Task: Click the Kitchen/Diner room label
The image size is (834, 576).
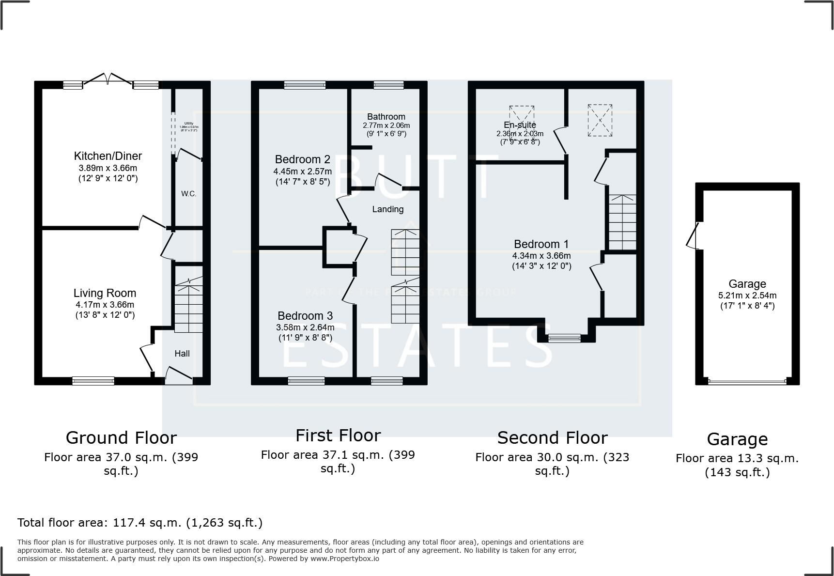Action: pos(108,156)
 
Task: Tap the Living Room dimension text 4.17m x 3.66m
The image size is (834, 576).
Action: pos(105,305)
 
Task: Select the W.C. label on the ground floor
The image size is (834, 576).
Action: pos(188,194)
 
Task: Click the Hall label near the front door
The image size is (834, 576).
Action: pos(182,354)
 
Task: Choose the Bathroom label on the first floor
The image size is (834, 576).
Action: pos(386,117)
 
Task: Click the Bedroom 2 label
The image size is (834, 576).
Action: pos(302,159)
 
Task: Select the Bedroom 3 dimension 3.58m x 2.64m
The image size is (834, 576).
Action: pos(305,327)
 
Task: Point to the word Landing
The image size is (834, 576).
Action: pos(387,209)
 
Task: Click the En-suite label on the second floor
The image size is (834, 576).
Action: pos(520,125)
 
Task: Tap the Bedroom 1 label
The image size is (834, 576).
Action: pos(541,244)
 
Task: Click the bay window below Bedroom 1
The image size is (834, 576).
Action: pos(564,338)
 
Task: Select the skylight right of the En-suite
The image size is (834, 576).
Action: pos(600,120)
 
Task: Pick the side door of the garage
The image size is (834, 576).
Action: pos(693,236)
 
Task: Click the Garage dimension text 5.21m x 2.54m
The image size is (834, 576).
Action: pos(747,295)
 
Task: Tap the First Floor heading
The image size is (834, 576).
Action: pos(338,436)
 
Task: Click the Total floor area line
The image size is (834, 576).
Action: pos(140,523)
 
